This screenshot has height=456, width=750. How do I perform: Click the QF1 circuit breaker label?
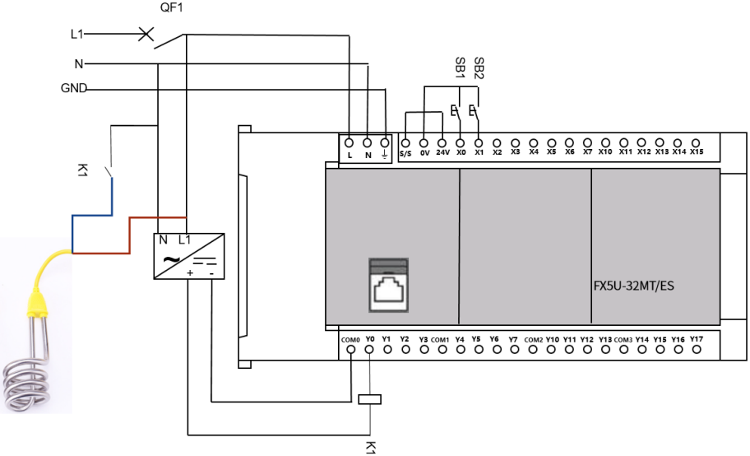tap(172, 8)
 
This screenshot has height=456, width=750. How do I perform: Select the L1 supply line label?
tap(76, 35)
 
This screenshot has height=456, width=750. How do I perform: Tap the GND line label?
tap(74, 89)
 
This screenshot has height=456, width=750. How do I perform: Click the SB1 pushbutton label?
tap(460, 67)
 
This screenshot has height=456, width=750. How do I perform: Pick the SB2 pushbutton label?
tap(479, 67)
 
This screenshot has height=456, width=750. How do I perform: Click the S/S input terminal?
tap(405, 142)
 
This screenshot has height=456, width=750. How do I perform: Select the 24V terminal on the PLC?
tap(442, 142)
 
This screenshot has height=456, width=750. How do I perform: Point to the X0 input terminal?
tap(460, 142)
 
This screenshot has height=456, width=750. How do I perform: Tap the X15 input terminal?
tap(697, 142)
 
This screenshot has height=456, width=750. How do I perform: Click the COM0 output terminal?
tap(351, 350)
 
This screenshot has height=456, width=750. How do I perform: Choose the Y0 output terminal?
tap(370, 350)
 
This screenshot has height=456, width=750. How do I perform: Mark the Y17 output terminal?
tap(697, 350)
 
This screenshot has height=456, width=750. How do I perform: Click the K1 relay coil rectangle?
tap(371, 400)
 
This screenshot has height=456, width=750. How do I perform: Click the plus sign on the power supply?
tap(190, 272)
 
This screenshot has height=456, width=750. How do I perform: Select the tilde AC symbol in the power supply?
tap(171, 260)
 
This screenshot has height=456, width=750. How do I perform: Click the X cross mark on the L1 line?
tap(146, 35)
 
